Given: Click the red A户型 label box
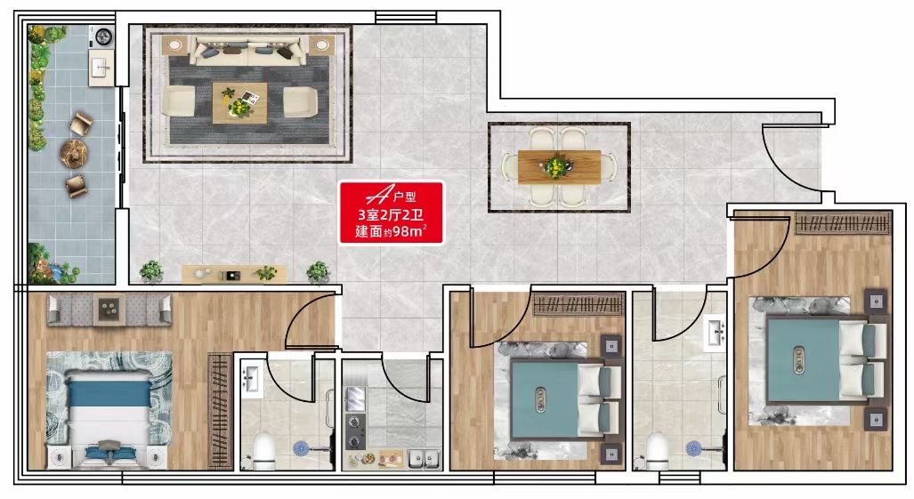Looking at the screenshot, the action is click(x=391, y=213).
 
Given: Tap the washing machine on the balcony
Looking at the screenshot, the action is click(x=102, y=36).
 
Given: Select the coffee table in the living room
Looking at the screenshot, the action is click(x=239, y=102).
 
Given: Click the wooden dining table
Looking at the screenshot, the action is click(x=559, y=167).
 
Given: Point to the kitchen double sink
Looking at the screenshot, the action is click(x=424, y=459).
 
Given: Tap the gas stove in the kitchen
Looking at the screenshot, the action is click(x=354, y=431).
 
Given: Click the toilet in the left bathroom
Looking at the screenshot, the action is click(x=264, y=452).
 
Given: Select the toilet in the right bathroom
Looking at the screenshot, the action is click(x=657, y=452).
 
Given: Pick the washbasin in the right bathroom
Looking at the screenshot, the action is click(x=716, y=333).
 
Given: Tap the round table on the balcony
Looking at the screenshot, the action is click(x=74, y=154).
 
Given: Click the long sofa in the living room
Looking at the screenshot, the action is click(x=249, y=51).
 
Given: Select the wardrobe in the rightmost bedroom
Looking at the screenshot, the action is click(x=843, y=223).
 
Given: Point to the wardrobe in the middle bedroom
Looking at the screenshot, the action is click(x=578, y=305).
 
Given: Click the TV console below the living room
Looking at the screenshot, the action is click(x=234, y=274).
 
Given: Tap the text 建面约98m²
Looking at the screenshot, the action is click(x=391, y=231).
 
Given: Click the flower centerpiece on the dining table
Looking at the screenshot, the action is click(x=556, y=166).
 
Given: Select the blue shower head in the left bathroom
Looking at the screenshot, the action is click(x=301, y=447).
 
